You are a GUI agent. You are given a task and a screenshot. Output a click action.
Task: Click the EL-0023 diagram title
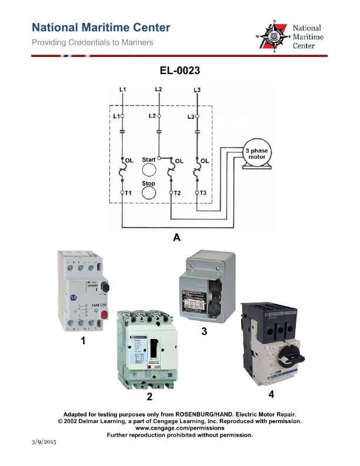(180, 71)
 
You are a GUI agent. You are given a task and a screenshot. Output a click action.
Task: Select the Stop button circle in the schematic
(150, 192)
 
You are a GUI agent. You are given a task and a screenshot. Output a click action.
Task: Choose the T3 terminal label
(203, 192)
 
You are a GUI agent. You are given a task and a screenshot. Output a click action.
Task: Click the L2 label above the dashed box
(158, 89)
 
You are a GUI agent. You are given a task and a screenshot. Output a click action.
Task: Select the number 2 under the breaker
(150, 397)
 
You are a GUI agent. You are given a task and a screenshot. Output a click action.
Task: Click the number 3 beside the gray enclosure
(204, 331)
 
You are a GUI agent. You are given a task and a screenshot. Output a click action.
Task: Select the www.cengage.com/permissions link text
(179, 428)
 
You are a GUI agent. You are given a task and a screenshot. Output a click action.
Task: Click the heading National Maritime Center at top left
(101, 28)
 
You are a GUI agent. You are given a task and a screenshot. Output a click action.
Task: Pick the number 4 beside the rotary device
(271, 393)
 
